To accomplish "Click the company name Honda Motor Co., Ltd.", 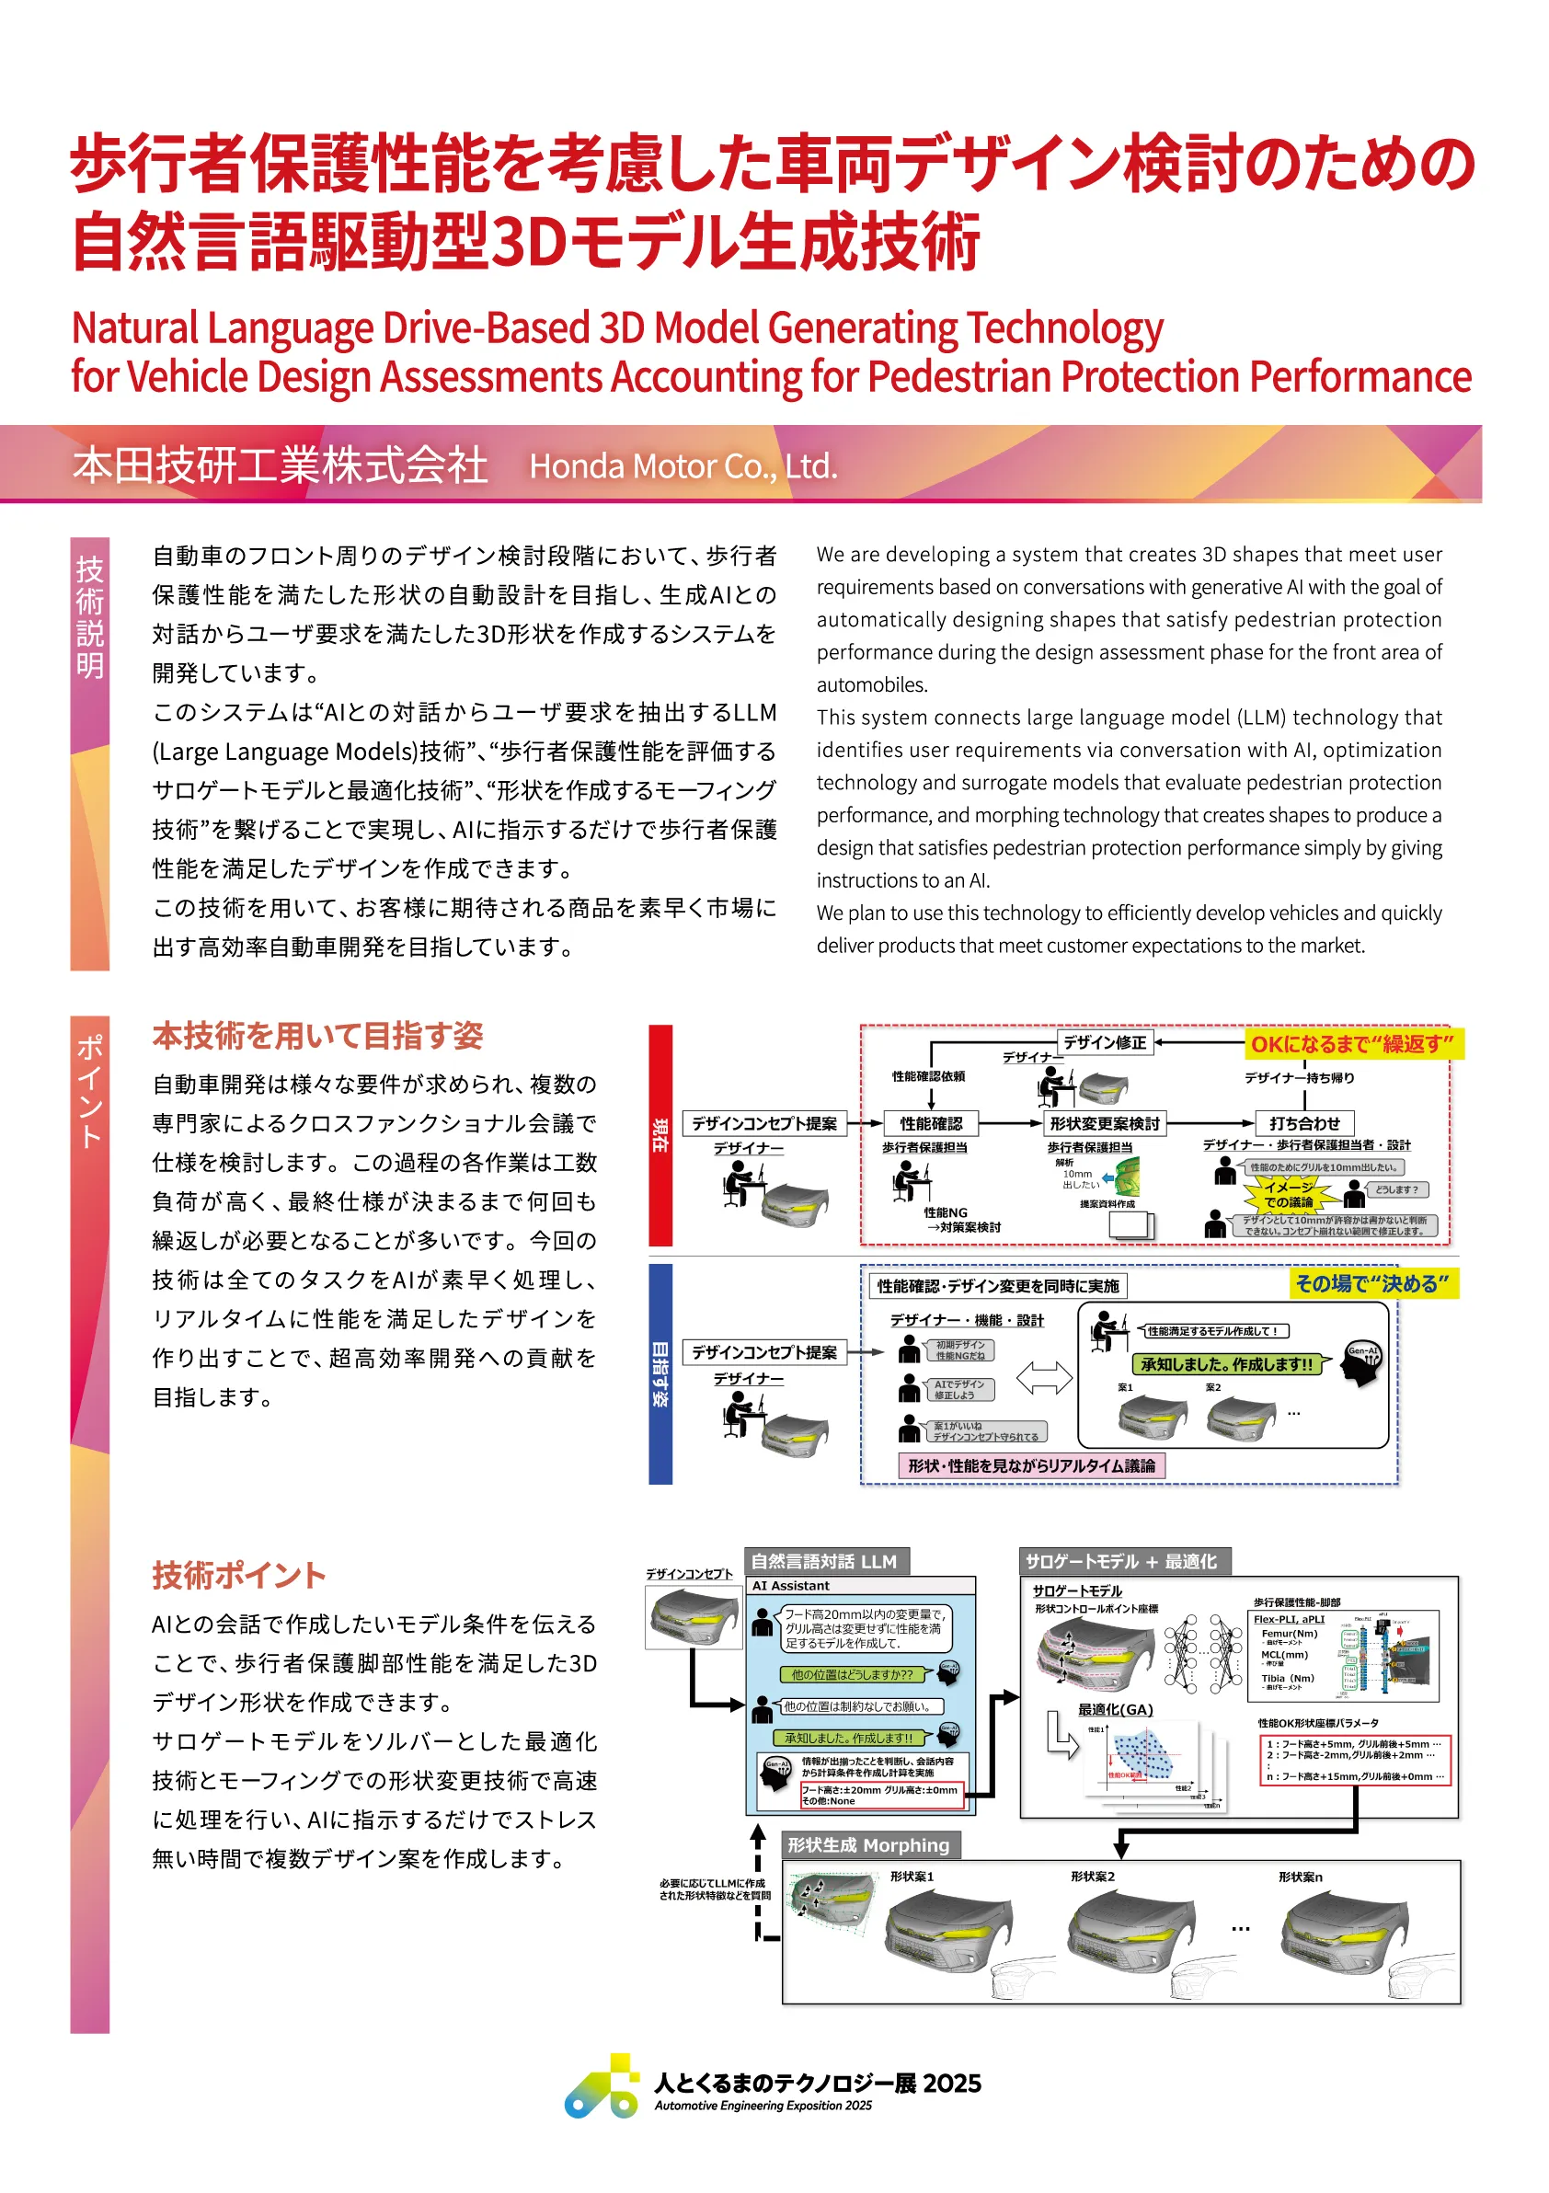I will pyautogui.click(x=683, y=466).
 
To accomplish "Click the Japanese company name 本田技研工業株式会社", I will pyautogui.click(x=280, y=465).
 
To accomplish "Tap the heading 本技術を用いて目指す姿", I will pyautogui.click(x=317, y=1036).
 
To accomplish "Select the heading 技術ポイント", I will pyautogui.click(x=239, y=1575).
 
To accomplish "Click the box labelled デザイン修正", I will pyautogui.click(x=1104, y=1042).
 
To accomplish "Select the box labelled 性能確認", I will pyautogui.click(x=930, y=1123).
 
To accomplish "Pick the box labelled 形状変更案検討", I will pyautogui.click(x=1104, y=1123).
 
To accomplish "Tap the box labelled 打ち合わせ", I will pyautogui.click(x=1303, y=1123).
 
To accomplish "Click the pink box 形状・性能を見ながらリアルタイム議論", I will pyautogui.click(x=1031, y=1465).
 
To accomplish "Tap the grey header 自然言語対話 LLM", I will pyautogui.click(x=825, y=1561).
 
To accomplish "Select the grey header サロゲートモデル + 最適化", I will pyautogui.click(x=1122, y=1561).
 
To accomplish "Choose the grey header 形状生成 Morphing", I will pyautogui.click(x=868, y=1844).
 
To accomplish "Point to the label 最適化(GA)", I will pyautogui.click(x=1115, y=1709).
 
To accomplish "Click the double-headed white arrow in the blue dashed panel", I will pyautogui.click(x=1044, y=1377).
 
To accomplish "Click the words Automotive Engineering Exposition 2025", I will pyautogui.click(x=763, y=2105).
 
